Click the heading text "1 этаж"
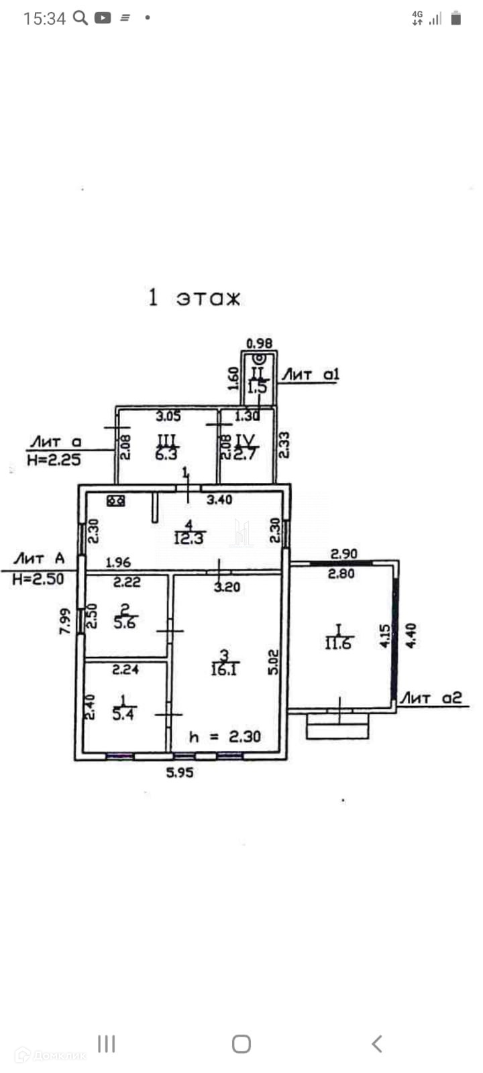coord(194,297)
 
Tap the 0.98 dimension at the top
coord(260,343)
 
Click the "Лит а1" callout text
coord(310,374)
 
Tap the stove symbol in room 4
coord(115,500)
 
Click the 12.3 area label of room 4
coord(189,537)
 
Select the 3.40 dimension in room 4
coord(219,499)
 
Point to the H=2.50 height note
coord(38,578)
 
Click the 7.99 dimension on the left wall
coord(64,621)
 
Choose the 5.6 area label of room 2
coord(125,622)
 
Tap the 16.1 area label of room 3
coord(225,669)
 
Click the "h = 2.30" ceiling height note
coord(224,736)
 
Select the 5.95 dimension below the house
coord(179,772)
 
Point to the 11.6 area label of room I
coord(337,643)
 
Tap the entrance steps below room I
coord(337,726)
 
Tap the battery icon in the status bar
coord(455,19)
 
